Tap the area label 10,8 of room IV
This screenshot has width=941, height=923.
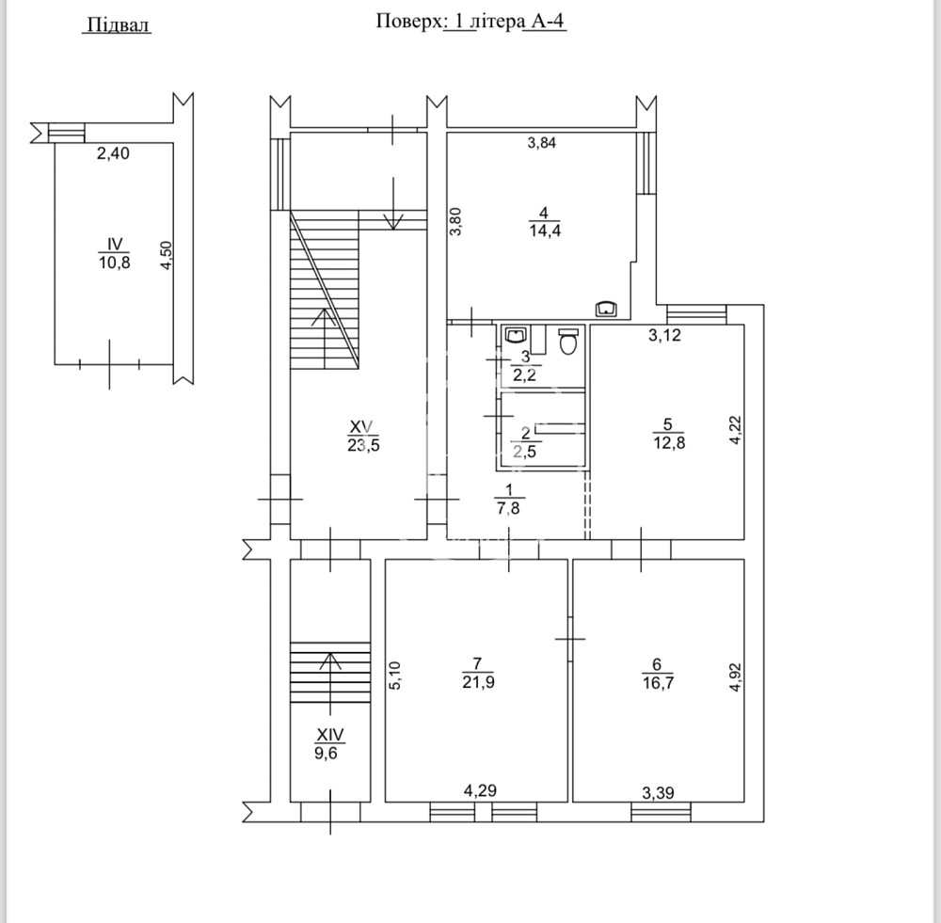(x=113, y=263)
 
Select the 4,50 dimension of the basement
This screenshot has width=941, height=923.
(x=166, y=256)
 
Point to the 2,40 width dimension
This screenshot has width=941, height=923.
(x=113, y=155)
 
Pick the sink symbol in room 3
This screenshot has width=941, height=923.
(x=517, y=334)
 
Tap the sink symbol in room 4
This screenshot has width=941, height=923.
(x=606, y=308)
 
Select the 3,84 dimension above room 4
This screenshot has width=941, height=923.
(x=542, y=144)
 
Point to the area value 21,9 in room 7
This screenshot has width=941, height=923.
(x=479, y=681)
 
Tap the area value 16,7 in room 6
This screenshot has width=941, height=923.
(x=657, y=681)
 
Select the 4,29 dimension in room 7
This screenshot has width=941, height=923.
(x=481, y=791)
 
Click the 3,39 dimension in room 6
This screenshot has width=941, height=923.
(x=658, y=791)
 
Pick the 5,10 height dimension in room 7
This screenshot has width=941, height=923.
(x=395, y=676)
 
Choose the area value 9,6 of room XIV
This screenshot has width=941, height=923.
(x=330, y=753)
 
